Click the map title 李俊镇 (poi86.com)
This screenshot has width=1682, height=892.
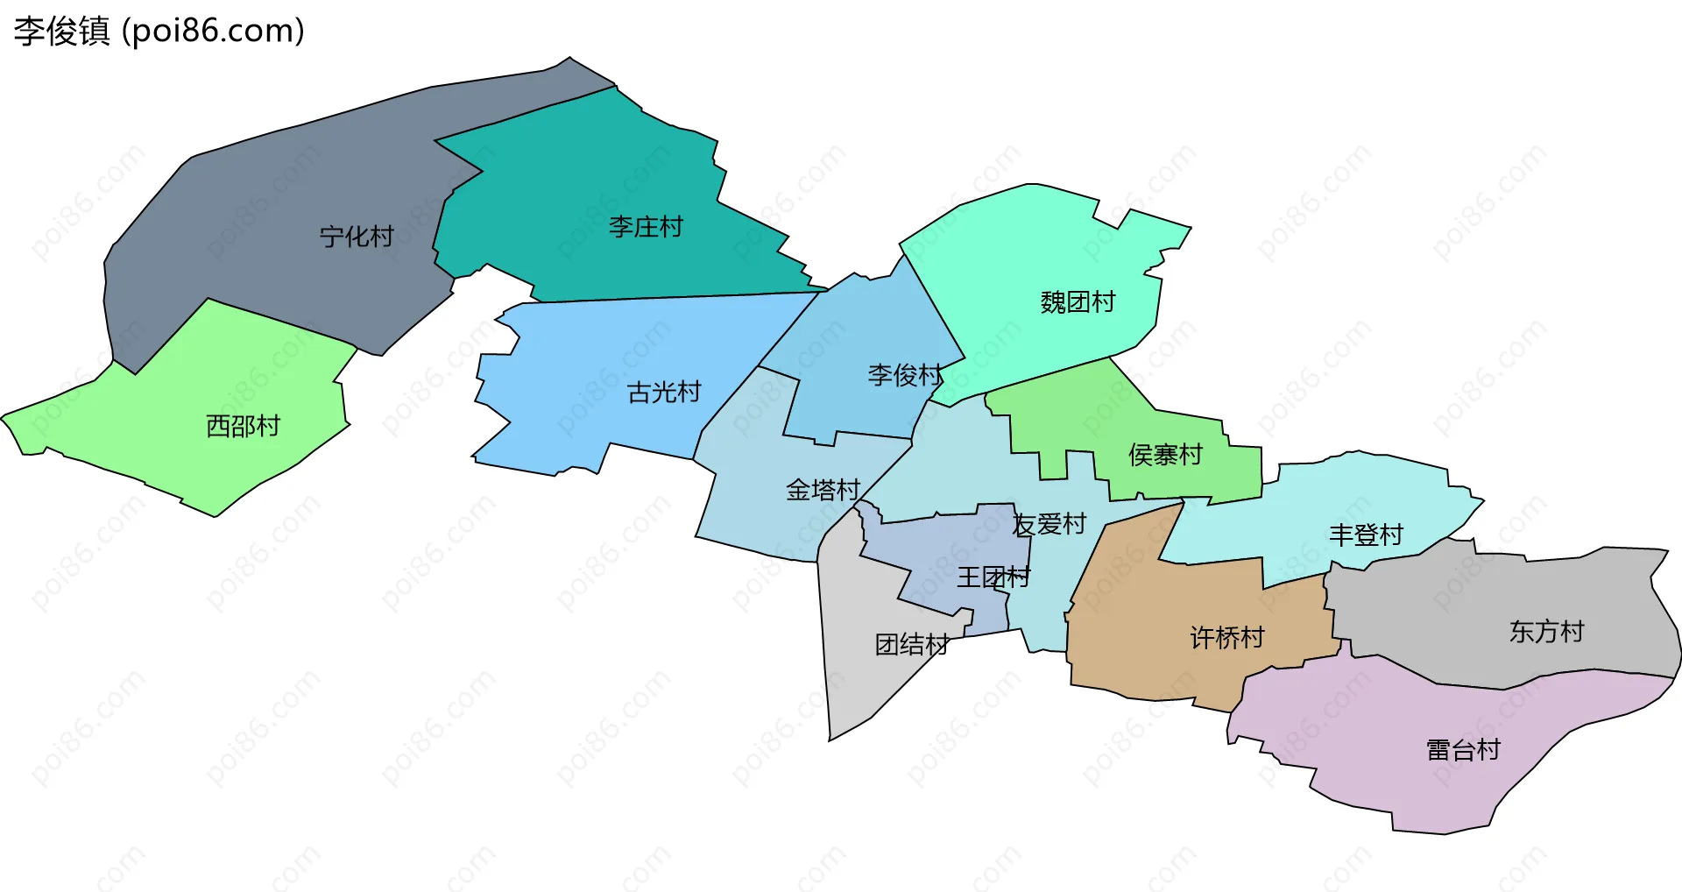point(159,31)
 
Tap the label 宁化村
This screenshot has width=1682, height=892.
point(357,237)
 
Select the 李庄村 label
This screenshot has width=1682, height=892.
point(646,227)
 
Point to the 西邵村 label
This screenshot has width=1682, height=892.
point(243,426)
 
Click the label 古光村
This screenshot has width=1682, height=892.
point(664,392)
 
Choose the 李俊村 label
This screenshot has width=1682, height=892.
point(905,375)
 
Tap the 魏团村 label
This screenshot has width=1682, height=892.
point(1078,302)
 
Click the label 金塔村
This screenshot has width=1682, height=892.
point(823,490)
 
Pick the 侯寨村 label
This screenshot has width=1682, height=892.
point(1165,455)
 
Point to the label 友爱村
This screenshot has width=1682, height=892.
point(1049,524)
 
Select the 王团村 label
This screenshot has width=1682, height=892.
point(993,577)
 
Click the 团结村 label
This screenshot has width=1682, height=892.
point(911,645)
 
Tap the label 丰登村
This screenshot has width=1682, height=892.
point(1366,534)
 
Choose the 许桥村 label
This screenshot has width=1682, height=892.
point(1226,638)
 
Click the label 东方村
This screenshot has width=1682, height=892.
point(1546,632)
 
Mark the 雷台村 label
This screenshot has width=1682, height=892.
point(1463,750)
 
